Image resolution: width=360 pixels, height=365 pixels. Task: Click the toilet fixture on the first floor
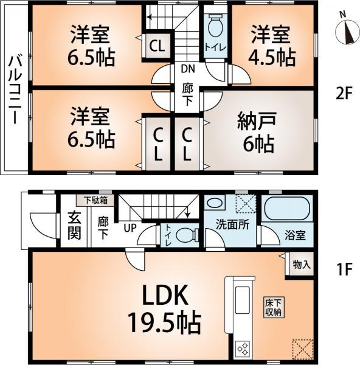[185, 235]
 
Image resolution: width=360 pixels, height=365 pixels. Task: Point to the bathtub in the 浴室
[286, 210]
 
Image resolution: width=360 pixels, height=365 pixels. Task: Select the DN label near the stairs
[186, 69]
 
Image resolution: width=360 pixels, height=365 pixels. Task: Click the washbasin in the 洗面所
[214, 203]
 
